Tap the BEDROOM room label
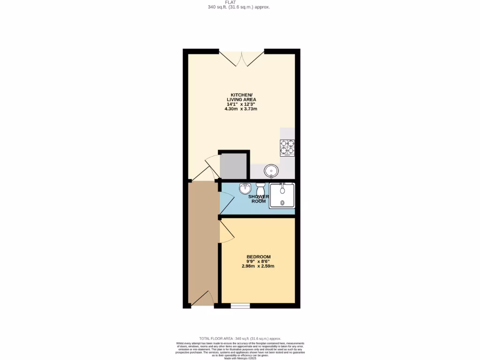[x=258, y=256]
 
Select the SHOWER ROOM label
[x=259, y=199]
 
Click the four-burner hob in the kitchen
[x=287, y=148]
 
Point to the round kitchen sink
[x=271, y=169]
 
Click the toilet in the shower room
[x=260, y=188]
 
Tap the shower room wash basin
[x=245, y=189]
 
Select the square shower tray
[x=282, y=196]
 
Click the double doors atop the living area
[x=241, y=58]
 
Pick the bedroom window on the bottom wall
[x=240, y=306]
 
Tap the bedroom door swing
[x=227, y=232]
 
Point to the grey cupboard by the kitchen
[x=233, y=166]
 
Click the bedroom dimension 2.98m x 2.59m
[x=258, y=266]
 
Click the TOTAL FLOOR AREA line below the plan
[x=240, y=338]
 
